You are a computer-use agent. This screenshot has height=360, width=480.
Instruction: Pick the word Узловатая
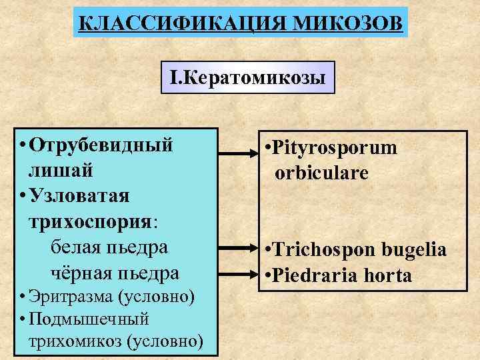click(83, 196)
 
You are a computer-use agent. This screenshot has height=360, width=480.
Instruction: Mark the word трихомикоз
click(76, 341)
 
